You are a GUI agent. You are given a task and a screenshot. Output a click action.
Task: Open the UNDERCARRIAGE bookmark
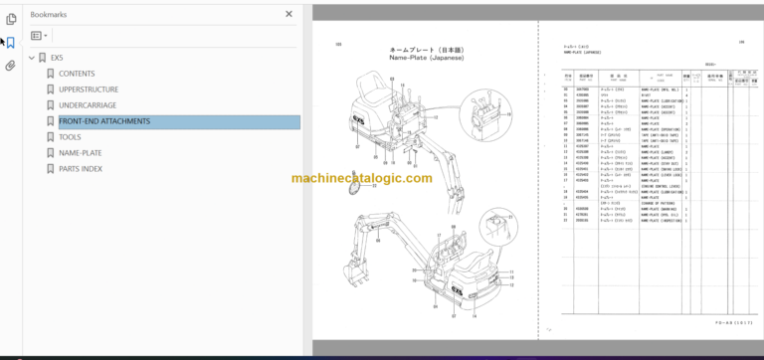(88, 105)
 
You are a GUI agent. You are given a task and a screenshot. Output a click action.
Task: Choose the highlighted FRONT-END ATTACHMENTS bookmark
(104, 121)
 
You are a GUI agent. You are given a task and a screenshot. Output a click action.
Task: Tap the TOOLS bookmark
(70, 137)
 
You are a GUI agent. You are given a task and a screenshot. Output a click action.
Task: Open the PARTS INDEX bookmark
(81, 169)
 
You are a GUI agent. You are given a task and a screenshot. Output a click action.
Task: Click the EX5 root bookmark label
(57, 58)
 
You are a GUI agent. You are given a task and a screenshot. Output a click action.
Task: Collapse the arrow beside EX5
(32, 58)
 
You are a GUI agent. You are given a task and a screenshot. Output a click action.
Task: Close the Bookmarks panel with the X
(289, 15)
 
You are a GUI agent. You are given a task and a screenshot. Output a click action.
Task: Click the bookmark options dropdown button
(39, 35)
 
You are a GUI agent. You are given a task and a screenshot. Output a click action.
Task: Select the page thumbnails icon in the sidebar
(11, 19)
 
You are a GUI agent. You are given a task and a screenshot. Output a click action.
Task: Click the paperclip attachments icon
(11, 66)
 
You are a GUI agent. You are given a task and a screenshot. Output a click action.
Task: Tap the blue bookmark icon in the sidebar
(11, 43)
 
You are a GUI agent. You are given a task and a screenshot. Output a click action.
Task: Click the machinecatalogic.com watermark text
(362, 179)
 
